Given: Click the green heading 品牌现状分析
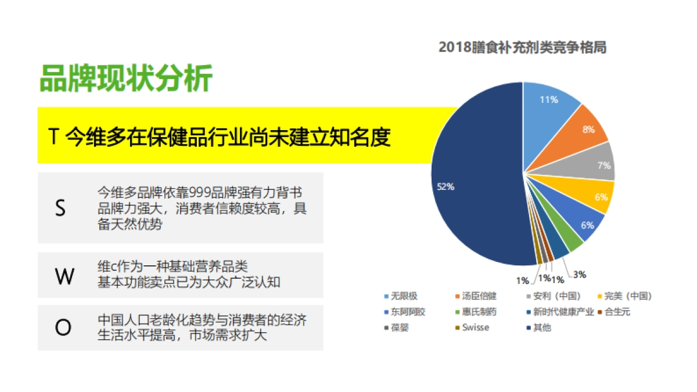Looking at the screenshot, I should [125, 78].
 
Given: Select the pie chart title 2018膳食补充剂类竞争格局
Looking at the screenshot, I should [522, 48].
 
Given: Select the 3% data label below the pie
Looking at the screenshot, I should [579, 274].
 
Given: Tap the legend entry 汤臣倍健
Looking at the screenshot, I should [479, 296].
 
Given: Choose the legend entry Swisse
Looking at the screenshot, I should [475, 328].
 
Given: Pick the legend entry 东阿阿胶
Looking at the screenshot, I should [408, 312].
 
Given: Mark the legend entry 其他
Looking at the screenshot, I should [542, 328].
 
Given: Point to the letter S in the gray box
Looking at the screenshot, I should [60, 208].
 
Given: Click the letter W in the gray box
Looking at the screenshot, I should [64, 276].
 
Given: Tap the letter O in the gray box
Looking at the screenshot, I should [63, 328].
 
